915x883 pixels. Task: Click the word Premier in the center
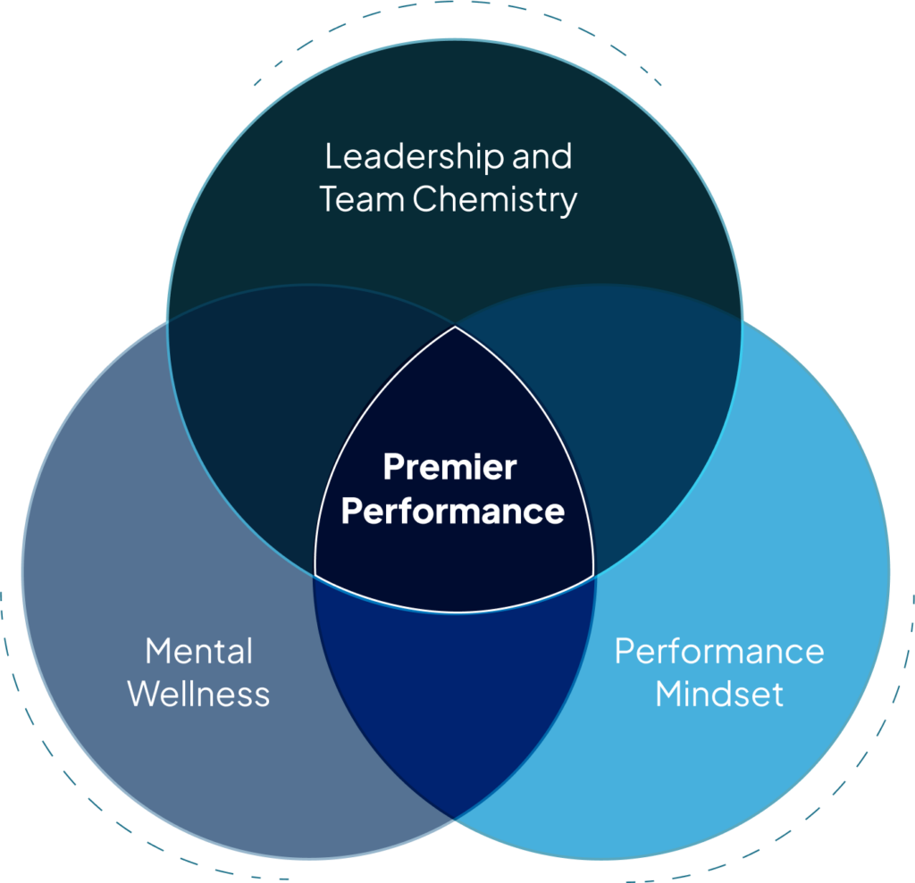449,467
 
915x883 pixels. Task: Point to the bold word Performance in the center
453,512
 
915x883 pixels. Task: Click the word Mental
199,651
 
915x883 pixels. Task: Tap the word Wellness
199,694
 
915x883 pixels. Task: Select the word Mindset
719,694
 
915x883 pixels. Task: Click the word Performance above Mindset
719,651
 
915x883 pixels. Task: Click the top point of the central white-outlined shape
455,327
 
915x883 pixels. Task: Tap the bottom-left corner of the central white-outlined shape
315,574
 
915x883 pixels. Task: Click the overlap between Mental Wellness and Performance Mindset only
455,696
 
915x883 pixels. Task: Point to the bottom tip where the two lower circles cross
455,817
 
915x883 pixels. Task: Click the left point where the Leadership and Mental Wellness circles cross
169,319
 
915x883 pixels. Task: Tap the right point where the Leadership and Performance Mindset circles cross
741,319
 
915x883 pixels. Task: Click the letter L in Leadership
332,157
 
